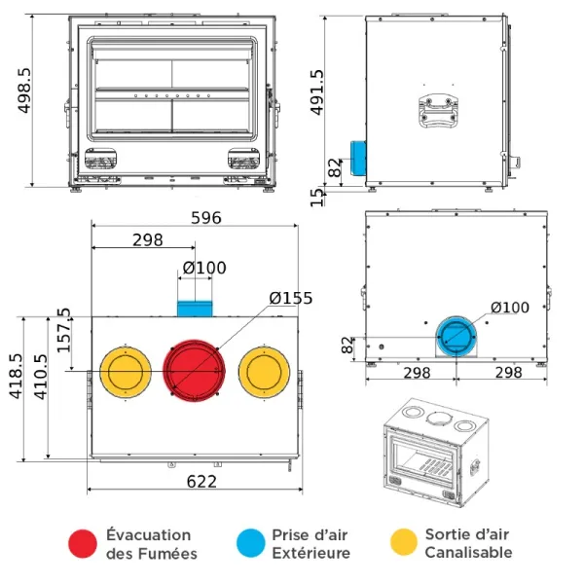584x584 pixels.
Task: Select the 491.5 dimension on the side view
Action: [x=317, y=92]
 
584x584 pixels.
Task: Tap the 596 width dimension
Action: [x=206, y=218]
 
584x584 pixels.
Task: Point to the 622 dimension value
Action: [x=201, y=481]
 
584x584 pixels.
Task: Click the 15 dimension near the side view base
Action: [x=317, y=198]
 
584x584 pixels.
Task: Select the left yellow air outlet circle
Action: [x=124, y=371]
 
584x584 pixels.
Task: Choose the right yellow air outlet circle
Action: [x=266, y=371]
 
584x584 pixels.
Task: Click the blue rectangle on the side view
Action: [x=357, y=161]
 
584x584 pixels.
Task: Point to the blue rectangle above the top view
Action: [x=194, y=309]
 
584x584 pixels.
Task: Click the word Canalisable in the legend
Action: [x=468, y=553]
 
